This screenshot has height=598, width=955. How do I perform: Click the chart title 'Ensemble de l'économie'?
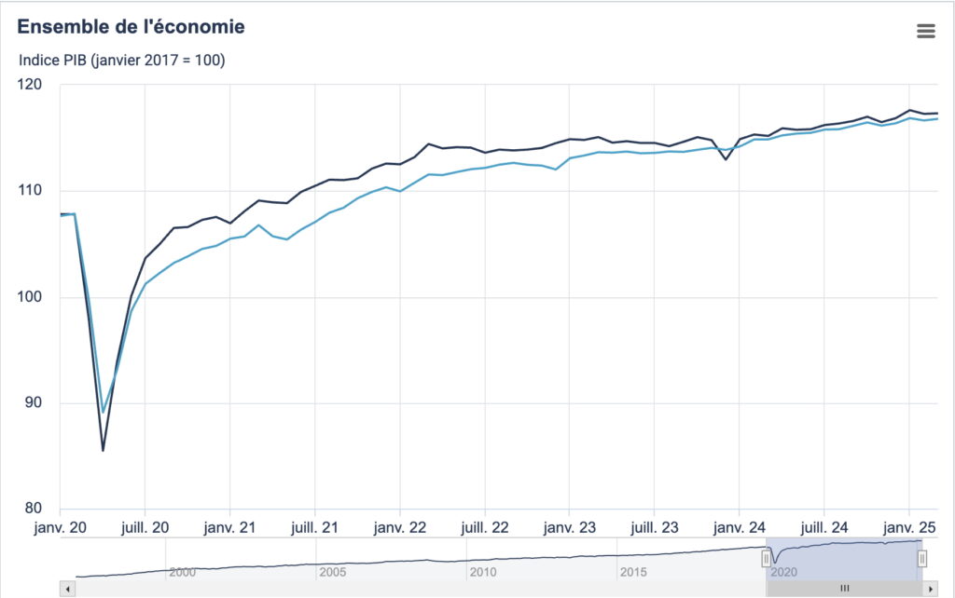point(131,27)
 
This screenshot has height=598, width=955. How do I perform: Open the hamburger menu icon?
point(926,31)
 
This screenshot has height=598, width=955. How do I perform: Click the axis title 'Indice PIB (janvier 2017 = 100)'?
point(122,61)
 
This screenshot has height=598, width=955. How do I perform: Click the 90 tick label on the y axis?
point(34,403)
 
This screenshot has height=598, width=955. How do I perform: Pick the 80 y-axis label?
point(34,509)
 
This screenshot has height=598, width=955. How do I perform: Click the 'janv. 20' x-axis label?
point(61,526)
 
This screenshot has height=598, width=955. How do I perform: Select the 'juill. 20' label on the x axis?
point(145,526)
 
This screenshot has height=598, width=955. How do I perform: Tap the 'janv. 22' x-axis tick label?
point(399,526)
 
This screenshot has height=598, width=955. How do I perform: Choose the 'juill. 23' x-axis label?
point(654,526)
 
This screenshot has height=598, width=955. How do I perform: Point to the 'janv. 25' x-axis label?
point(908,526)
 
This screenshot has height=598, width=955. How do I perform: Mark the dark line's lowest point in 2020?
point(103,450)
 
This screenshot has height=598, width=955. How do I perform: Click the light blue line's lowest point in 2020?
point(103,412)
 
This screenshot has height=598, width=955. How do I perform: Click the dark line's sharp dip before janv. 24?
point(726,159)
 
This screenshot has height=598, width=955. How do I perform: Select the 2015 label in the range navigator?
point(634,571)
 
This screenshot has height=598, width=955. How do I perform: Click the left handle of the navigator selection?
point(767,558)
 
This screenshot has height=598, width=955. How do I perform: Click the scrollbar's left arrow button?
point(66,589)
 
